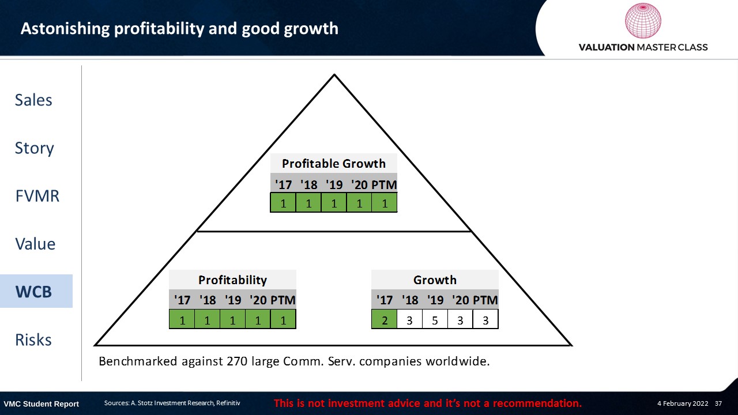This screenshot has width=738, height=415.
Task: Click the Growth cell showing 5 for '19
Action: tap(435, 319)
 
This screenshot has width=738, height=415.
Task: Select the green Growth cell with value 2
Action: tap(384, 319)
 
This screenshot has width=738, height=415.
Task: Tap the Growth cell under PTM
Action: tap(485, 319)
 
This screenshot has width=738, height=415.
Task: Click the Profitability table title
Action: tap(232, 280)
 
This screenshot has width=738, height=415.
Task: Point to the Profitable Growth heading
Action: tap(334, 163)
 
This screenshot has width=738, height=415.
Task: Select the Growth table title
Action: tap(435, 280)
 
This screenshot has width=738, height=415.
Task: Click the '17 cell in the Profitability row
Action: tap(182, 319)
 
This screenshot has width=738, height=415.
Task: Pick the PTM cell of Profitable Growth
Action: tap(385, 202)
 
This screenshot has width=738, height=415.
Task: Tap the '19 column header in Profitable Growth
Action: tap(334, 185)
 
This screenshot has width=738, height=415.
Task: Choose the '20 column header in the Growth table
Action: tap(460, 300)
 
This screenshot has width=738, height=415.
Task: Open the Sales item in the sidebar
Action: tap(33, 100)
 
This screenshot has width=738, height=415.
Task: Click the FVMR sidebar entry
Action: tap(37, 195)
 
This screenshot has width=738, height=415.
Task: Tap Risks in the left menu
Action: tap(33, 339)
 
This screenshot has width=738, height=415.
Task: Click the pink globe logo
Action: tap(643, 20)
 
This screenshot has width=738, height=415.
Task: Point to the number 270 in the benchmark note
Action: tap(237, 361)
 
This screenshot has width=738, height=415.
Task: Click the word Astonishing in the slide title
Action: tap(65, 29)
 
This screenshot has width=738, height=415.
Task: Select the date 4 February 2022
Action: tap(683, 403)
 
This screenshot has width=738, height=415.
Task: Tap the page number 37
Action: tap(718, 403)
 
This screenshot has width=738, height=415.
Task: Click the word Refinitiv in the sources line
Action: tap(228, 403)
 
